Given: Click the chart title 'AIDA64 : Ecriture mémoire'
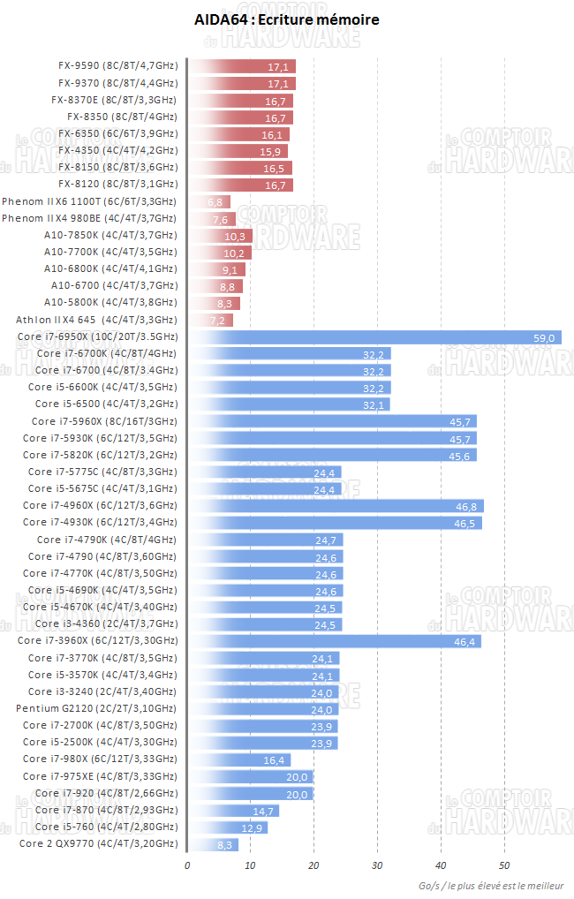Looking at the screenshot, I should (287, 19).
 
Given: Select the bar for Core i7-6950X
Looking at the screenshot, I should (375, 337).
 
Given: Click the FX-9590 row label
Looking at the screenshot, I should (117, 66).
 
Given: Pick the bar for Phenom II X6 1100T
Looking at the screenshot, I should (209, 202).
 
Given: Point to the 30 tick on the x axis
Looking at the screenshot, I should (377, 865).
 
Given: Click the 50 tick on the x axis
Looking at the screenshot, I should (504, 865).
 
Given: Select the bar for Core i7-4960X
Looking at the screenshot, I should (336, 506).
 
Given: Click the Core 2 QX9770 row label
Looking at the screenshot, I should (98, 844).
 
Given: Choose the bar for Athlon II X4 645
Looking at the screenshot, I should (210, 320).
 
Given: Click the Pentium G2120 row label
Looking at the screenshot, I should (96, 709).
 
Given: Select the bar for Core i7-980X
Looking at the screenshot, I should (239, 759).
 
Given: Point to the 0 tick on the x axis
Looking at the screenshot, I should (187, 865).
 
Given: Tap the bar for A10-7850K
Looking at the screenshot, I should (220, 236).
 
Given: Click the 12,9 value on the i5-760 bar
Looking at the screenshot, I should (253, 827).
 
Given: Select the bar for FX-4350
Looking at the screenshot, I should (238, 151).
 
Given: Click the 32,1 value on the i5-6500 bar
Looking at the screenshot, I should (374, 404).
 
